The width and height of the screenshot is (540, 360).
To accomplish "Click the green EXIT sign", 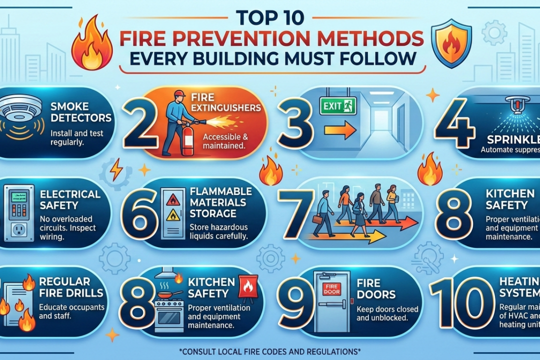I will point(338,105).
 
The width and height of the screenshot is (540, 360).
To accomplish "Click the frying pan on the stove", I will point(170,294).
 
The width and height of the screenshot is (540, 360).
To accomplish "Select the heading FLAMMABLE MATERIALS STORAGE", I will point(220,202).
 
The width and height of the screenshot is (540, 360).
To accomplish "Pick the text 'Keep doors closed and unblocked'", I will point(387,313).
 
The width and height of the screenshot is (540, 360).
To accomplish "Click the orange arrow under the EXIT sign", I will point(339,130).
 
